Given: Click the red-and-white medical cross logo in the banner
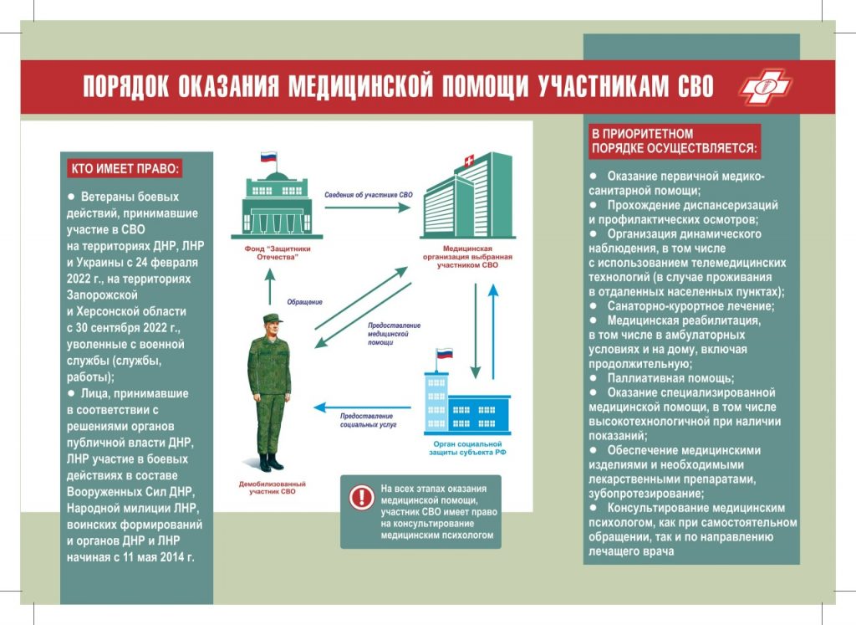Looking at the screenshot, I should [x=765, y=86].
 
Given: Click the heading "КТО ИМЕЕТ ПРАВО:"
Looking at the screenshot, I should [x=124, y=168].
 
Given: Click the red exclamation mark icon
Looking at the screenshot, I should [x=361, y=498].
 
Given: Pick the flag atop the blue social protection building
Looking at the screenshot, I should [x=444, y=354].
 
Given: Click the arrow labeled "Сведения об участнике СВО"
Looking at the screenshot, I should [x=368, y=207].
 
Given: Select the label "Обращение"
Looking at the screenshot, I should [x=304, y=302].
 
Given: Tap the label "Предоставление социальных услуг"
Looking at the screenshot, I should [x=368, y=421].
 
